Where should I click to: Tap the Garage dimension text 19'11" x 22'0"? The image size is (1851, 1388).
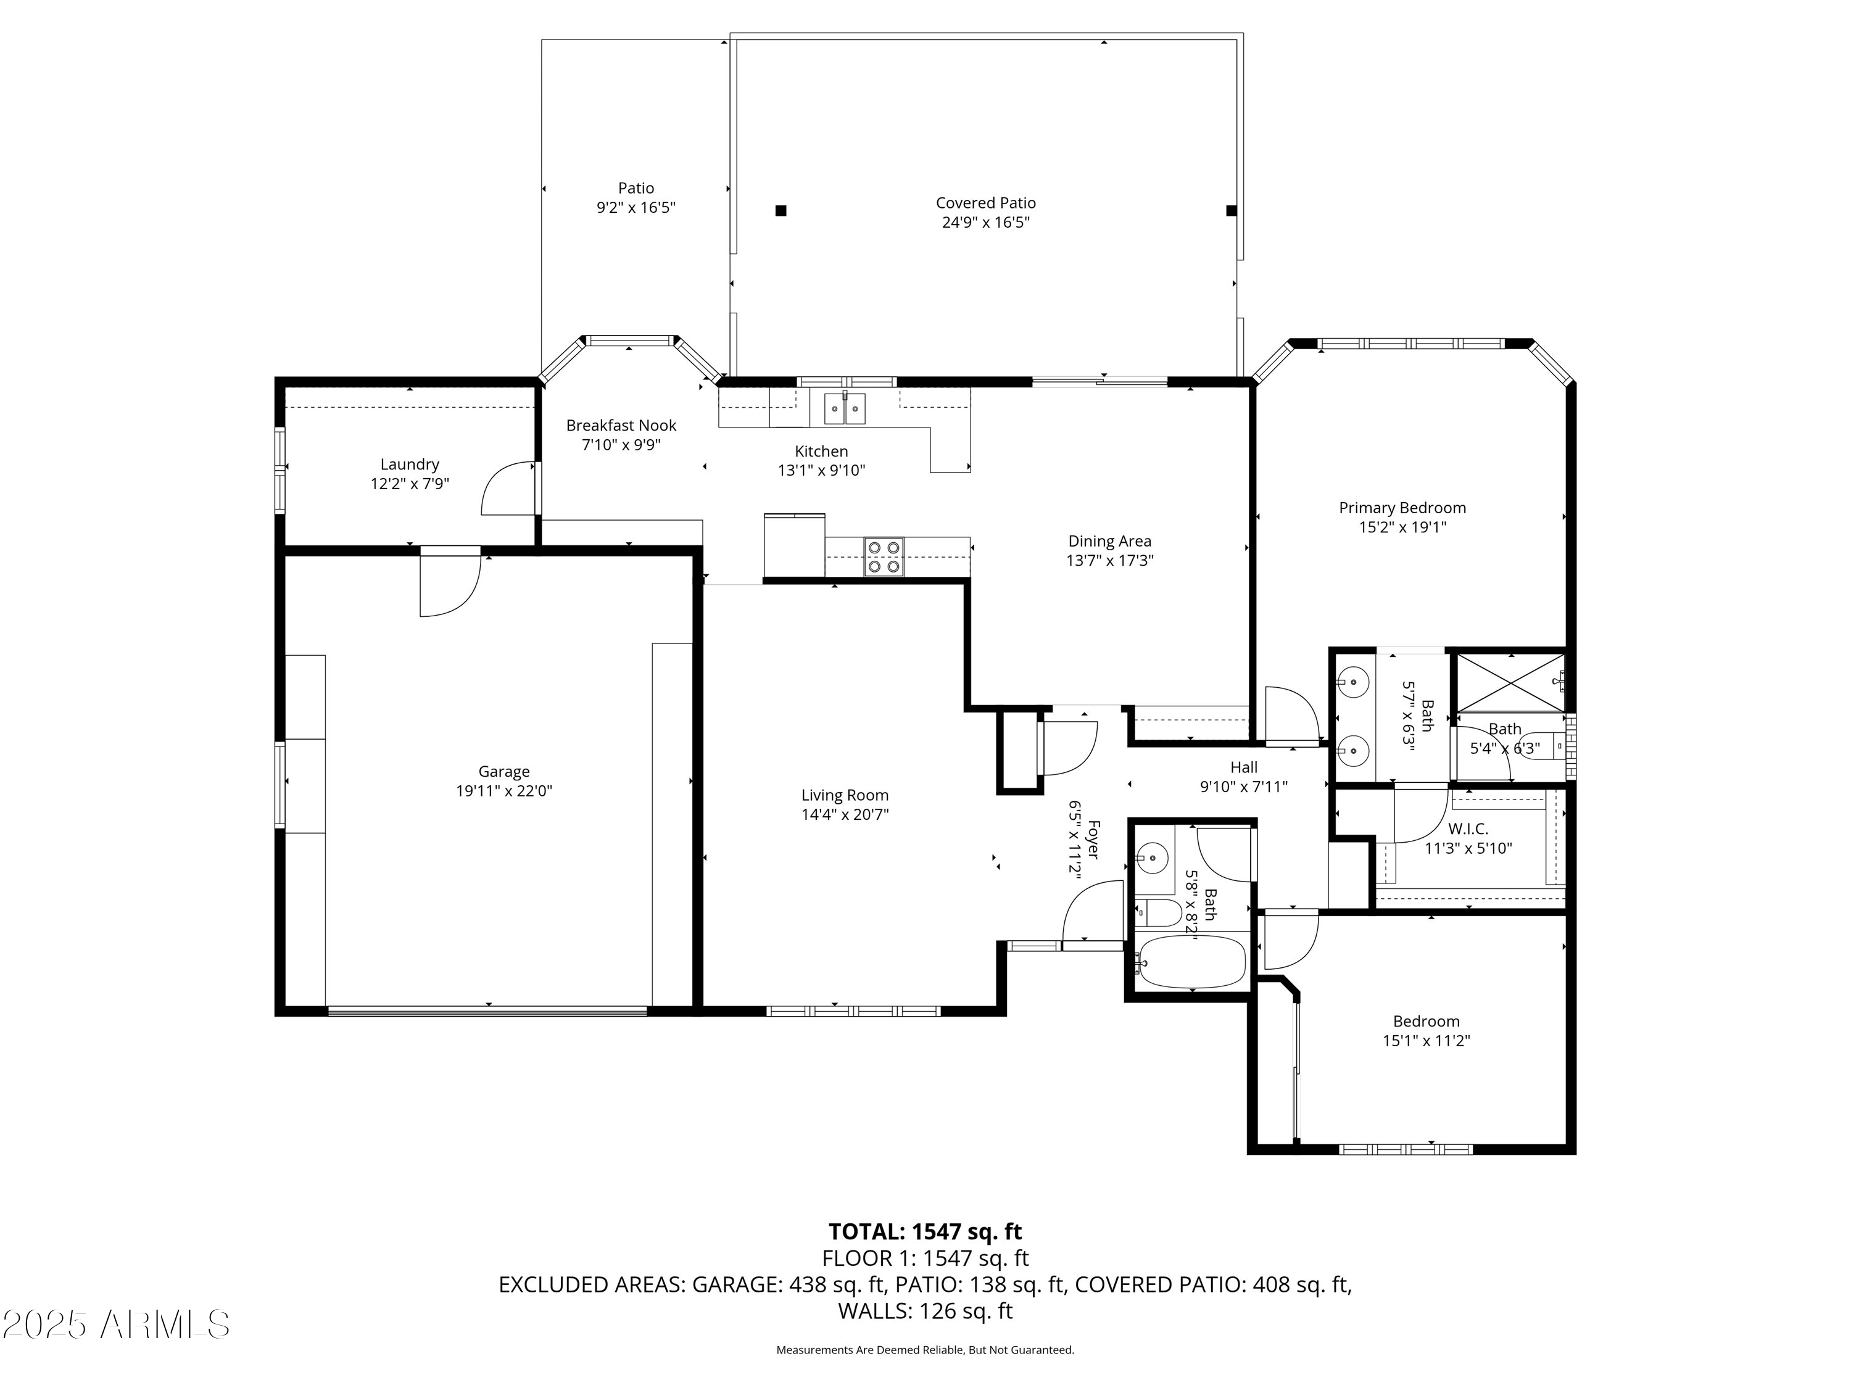(503, 791)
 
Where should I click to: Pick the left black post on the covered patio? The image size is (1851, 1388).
(781, 211)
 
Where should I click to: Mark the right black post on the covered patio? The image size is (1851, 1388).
(1231, 211)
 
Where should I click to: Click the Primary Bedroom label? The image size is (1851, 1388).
(1402, 508)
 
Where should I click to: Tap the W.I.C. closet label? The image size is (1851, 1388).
(1468, 829)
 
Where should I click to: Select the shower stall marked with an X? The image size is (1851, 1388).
(1510, 684)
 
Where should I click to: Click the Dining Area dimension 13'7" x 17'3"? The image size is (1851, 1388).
(1109, 561)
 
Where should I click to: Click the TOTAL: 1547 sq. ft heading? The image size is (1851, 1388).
(925, 1231)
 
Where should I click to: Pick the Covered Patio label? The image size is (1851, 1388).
(986, 204)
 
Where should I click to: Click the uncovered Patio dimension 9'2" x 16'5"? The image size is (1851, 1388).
(636, 207)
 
